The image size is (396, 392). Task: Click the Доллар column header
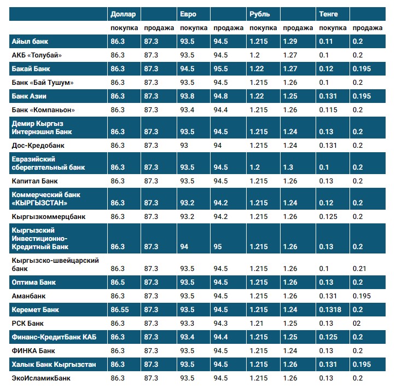coord(123,14)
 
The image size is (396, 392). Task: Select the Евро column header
coord(188,14)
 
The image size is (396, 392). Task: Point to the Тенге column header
coord(328,14)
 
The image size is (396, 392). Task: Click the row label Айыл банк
coord(31,42)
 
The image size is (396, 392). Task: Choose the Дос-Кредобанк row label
coord(37,146)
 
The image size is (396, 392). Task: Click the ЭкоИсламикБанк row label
coord(41,378)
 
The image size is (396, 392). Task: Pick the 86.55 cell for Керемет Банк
coord(120,310)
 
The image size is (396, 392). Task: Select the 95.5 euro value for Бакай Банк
coord(221,69)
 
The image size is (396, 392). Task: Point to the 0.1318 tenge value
coord(330,310)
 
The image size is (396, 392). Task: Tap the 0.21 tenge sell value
coord(359,269)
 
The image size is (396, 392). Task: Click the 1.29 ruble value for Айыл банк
coord(290,42)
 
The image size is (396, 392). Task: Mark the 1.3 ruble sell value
coord(288,168)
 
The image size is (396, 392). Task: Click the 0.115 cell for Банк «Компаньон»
coord(328,110)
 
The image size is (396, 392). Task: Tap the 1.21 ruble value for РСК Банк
coord(257,324)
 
